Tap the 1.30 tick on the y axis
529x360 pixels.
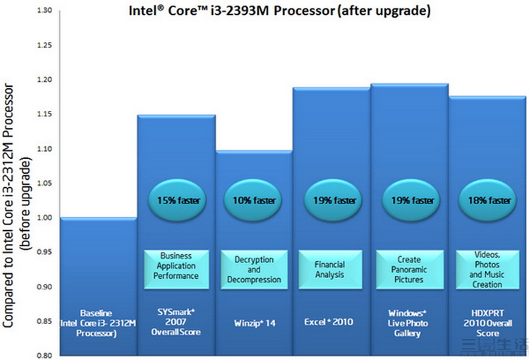44,11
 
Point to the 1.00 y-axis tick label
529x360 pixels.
44,218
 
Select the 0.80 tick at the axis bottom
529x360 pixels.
44,355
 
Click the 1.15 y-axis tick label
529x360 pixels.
44,114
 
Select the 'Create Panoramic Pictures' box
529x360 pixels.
409,270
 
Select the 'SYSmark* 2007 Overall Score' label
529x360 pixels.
176,322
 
